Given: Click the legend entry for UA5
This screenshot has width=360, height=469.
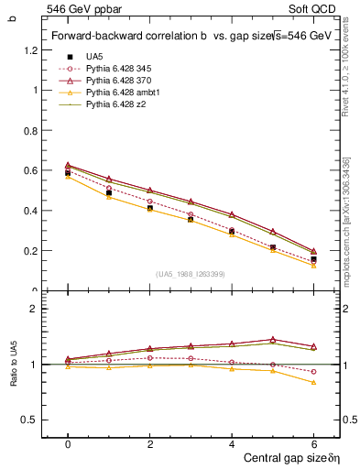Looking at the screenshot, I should pos(93,57).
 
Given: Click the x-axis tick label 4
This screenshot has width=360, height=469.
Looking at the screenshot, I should pos(232,443).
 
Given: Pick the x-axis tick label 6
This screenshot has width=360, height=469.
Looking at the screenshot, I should pos(314,443).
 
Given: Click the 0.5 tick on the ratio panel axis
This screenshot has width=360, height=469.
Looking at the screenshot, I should pos(34,420).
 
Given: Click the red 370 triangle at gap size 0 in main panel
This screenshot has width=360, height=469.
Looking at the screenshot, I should pos(68,165).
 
